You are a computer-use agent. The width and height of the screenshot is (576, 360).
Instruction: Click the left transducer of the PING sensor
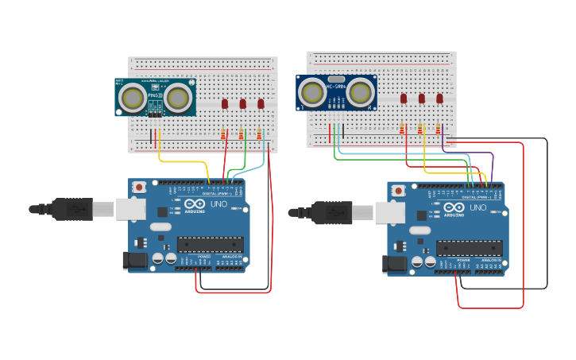click(132, 98)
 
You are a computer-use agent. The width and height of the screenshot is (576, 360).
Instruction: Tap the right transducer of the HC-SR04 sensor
click(360, 94)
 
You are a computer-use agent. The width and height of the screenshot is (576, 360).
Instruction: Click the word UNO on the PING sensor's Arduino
click(218, 204)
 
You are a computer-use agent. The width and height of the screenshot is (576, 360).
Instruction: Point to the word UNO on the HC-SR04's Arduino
click(477, 207)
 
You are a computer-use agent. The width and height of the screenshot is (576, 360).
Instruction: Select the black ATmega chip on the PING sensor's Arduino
click(210, 244)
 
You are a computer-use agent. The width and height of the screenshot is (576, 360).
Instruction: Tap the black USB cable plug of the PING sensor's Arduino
click(72, 209)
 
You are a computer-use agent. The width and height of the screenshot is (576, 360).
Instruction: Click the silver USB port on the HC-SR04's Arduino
click(389, 212)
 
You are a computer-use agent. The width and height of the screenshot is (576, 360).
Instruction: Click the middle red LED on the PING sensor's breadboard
click(242, 103)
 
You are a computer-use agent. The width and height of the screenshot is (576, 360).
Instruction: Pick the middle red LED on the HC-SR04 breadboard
click(421, 99)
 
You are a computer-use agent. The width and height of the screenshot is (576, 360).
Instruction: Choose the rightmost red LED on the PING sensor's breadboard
click(261, 103)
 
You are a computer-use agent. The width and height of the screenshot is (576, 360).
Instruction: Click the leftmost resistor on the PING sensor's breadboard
click(223, 134)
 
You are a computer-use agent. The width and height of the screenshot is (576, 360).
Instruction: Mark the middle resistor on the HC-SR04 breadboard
click(420, 129)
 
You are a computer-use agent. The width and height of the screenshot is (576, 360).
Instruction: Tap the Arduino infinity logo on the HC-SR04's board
click(454, 208)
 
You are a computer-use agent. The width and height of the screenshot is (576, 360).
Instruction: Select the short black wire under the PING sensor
click(150, 136)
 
